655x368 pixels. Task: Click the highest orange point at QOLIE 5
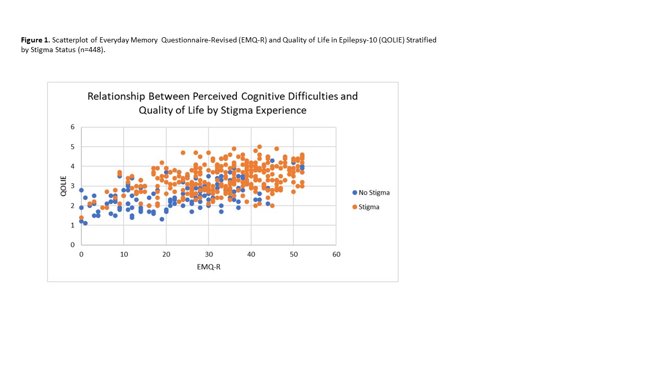(259, 147)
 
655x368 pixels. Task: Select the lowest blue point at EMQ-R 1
(85, 223)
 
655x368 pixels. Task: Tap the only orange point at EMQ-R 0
(81, 217)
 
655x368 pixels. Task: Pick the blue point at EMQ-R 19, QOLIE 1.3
(162, 219)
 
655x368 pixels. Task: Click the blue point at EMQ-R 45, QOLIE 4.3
(272, 160)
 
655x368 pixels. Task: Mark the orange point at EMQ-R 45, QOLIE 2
(272, 205)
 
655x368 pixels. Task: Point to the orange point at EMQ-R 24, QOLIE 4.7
(183, 152)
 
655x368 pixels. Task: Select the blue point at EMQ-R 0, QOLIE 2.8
(81, 190)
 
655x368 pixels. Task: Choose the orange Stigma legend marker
(355, 207)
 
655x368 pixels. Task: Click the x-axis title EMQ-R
(208, 266)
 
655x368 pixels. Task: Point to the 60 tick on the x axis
(336, 255)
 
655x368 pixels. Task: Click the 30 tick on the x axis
(208, 255)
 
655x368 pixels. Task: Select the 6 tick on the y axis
(73, 127)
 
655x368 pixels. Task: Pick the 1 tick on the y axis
(73, 225)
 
